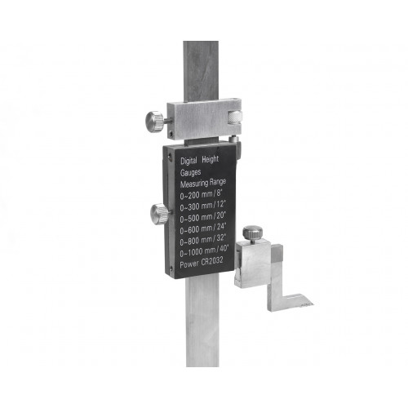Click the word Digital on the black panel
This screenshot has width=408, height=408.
188,161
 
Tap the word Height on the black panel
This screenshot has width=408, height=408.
210,160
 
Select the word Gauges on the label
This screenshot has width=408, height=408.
190,172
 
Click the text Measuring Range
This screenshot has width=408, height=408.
203,184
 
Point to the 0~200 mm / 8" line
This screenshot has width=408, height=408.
201,194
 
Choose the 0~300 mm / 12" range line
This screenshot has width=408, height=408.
202,206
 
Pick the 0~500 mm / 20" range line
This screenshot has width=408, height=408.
202,217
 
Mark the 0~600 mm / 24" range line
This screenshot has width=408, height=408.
202,228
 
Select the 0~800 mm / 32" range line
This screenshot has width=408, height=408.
202,240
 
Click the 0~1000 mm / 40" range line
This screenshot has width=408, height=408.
204,251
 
